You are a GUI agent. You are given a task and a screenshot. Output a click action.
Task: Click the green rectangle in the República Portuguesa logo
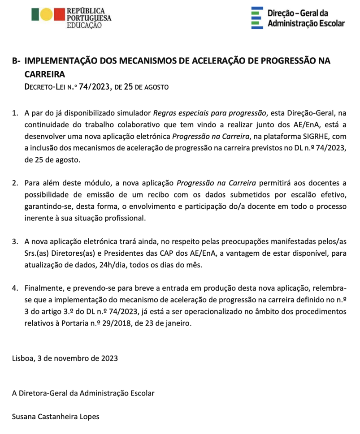point(35,15)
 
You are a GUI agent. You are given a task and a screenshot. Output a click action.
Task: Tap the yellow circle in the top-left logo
point(47,15)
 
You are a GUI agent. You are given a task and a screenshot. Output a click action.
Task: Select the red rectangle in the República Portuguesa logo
point(59,15)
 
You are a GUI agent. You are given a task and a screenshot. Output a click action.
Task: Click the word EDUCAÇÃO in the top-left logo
point(84,26)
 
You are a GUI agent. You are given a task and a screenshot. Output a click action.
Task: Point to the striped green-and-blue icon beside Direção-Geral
point(257,18)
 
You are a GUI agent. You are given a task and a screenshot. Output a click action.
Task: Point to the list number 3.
point(15,242)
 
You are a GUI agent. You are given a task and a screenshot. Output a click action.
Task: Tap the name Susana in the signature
point(26,417)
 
